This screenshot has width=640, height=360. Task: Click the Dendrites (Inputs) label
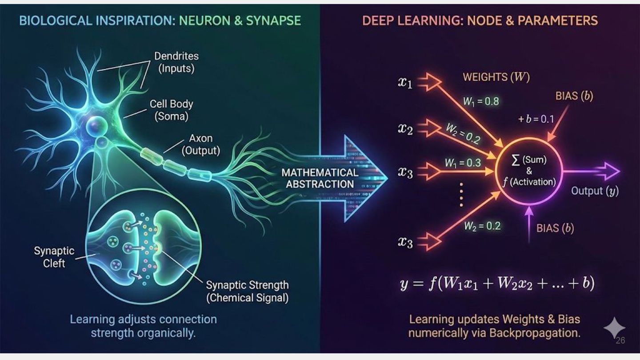176,63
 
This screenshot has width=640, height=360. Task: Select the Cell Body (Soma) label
171,110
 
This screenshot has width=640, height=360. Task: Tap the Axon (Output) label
201,144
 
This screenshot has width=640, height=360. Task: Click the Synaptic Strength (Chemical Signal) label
247,291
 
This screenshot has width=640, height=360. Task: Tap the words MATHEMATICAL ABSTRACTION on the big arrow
320,178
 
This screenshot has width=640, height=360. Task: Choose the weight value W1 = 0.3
463,163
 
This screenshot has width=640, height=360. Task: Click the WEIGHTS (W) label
496,77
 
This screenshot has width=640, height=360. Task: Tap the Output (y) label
595,191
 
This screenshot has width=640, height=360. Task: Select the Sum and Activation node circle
529,171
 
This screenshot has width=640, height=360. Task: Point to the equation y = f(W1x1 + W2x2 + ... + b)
497,284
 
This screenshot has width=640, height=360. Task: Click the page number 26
620,341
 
